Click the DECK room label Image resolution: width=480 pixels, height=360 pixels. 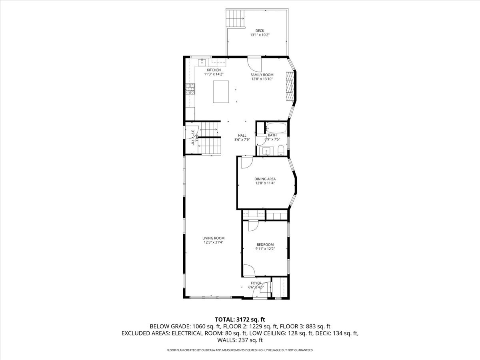point(260,31)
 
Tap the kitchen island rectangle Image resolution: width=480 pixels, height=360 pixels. point(221,92)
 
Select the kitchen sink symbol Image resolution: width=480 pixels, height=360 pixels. point(202,62)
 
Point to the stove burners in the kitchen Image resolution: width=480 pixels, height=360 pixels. point(190,89)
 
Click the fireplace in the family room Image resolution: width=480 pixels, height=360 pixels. point(290,86)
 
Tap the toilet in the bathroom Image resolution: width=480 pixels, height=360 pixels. point(281,150)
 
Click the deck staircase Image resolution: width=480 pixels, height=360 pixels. point(235,18)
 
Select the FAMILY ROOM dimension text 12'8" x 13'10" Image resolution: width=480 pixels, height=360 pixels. point(262,79)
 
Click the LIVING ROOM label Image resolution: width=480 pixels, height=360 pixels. point(213,238)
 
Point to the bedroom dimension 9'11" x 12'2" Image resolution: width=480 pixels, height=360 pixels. point(264,249)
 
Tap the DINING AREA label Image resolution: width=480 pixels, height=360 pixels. point(265,179)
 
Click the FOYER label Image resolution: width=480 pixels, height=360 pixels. point(256,283)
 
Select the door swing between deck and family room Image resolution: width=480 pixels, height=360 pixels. point(254,62)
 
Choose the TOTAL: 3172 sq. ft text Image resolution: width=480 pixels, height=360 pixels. point(240,319)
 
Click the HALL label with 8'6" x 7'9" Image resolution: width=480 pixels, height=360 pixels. point(242,135)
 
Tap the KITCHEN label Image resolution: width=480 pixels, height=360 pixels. point(214,70)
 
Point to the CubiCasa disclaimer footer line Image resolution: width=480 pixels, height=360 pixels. point(240,350)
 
